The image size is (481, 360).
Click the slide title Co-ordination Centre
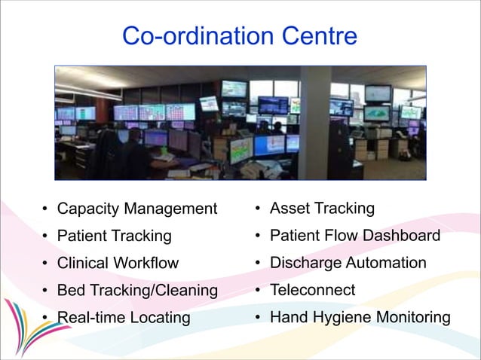(x=239, y=35)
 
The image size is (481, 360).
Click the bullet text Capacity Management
(x=137, y=209)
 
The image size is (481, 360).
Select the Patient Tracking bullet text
(x=115, y=236)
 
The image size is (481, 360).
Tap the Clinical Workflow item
(x=118, y=263)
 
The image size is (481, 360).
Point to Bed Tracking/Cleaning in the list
(x=137, y=290)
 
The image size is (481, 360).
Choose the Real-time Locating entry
(x=124, y=317)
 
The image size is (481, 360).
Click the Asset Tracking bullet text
(x=322, y=208)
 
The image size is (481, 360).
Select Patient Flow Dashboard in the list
(x=355, y=236)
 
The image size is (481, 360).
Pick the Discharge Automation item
(x=348, y=263)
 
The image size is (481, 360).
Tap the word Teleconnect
(x=313, y=290)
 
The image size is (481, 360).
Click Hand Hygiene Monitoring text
(x=360, y=317)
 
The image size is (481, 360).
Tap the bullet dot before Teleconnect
(x=257, y=291)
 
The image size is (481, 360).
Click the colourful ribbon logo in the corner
(x=23, y=324)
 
